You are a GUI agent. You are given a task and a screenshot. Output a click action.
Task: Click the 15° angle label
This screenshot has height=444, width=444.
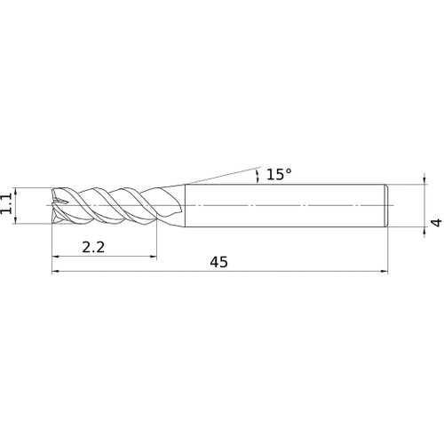278,174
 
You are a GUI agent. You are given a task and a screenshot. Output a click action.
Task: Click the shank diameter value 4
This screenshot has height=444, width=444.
434,226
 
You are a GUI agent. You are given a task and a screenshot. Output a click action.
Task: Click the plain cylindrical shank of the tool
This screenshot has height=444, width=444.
284,206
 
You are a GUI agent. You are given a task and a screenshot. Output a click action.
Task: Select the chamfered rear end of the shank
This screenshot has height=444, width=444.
386,206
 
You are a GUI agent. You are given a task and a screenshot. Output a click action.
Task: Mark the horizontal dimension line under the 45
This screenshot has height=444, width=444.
293,272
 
